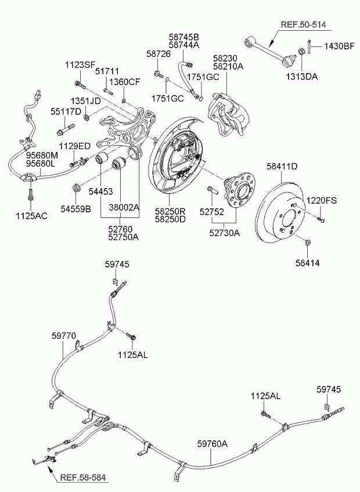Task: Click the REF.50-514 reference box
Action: tap(303, 25)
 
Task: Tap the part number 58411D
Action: tap(282, 167)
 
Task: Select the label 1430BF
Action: tap(339, 45)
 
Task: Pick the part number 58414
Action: tap(307, 263)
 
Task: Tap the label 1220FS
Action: tap(322, 200)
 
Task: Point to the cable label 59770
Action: tap(64, 335)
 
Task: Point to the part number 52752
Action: tap(211, 212)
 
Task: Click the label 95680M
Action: tap(42, 155)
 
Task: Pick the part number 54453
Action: tap(100, 190)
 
